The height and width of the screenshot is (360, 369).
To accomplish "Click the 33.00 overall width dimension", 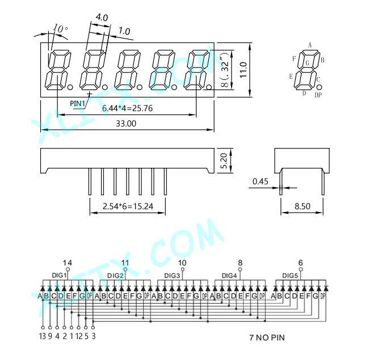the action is (126, 124).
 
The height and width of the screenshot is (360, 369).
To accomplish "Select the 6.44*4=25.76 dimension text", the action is (127, 108).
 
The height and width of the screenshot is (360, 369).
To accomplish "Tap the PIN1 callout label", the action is (77, 103).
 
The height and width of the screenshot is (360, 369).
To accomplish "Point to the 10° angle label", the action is (61, 29).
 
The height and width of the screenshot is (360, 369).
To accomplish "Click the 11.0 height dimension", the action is (243, 70).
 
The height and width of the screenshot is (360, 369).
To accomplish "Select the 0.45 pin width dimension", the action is (260, 181).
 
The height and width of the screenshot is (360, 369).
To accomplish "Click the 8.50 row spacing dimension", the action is (303, 206).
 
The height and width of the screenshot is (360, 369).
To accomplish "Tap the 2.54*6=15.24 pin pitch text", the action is (128, 206).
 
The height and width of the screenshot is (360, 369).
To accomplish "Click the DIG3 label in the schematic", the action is (172, 275).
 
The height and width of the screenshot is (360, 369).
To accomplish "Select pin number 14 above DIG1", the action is (68, 263).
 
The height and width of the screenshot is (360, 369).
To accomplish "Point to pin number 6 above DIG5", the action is (300, 262).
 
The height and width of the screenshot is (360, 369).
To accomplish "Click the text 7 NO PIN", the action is (267, 338).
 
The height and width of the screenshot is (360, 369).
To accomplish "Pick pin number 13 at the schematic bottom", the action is (43, 337).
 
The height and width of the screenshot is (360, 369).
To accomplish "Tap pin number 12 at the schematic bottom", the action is (79, 337).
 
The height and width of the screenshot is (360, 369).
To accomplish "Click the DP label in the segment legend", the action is (318, 95).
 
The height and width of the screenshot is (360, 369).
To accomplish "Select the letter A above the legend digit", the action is (310, 45).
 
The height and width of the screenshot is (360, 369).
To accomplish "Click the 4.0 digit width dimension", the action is (102, 18).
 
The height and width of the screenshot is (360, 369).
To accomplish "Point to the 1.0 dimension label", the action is (124, 31).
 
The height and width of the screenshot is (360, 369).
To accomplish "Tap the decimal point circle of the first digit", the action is (70, 87).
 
